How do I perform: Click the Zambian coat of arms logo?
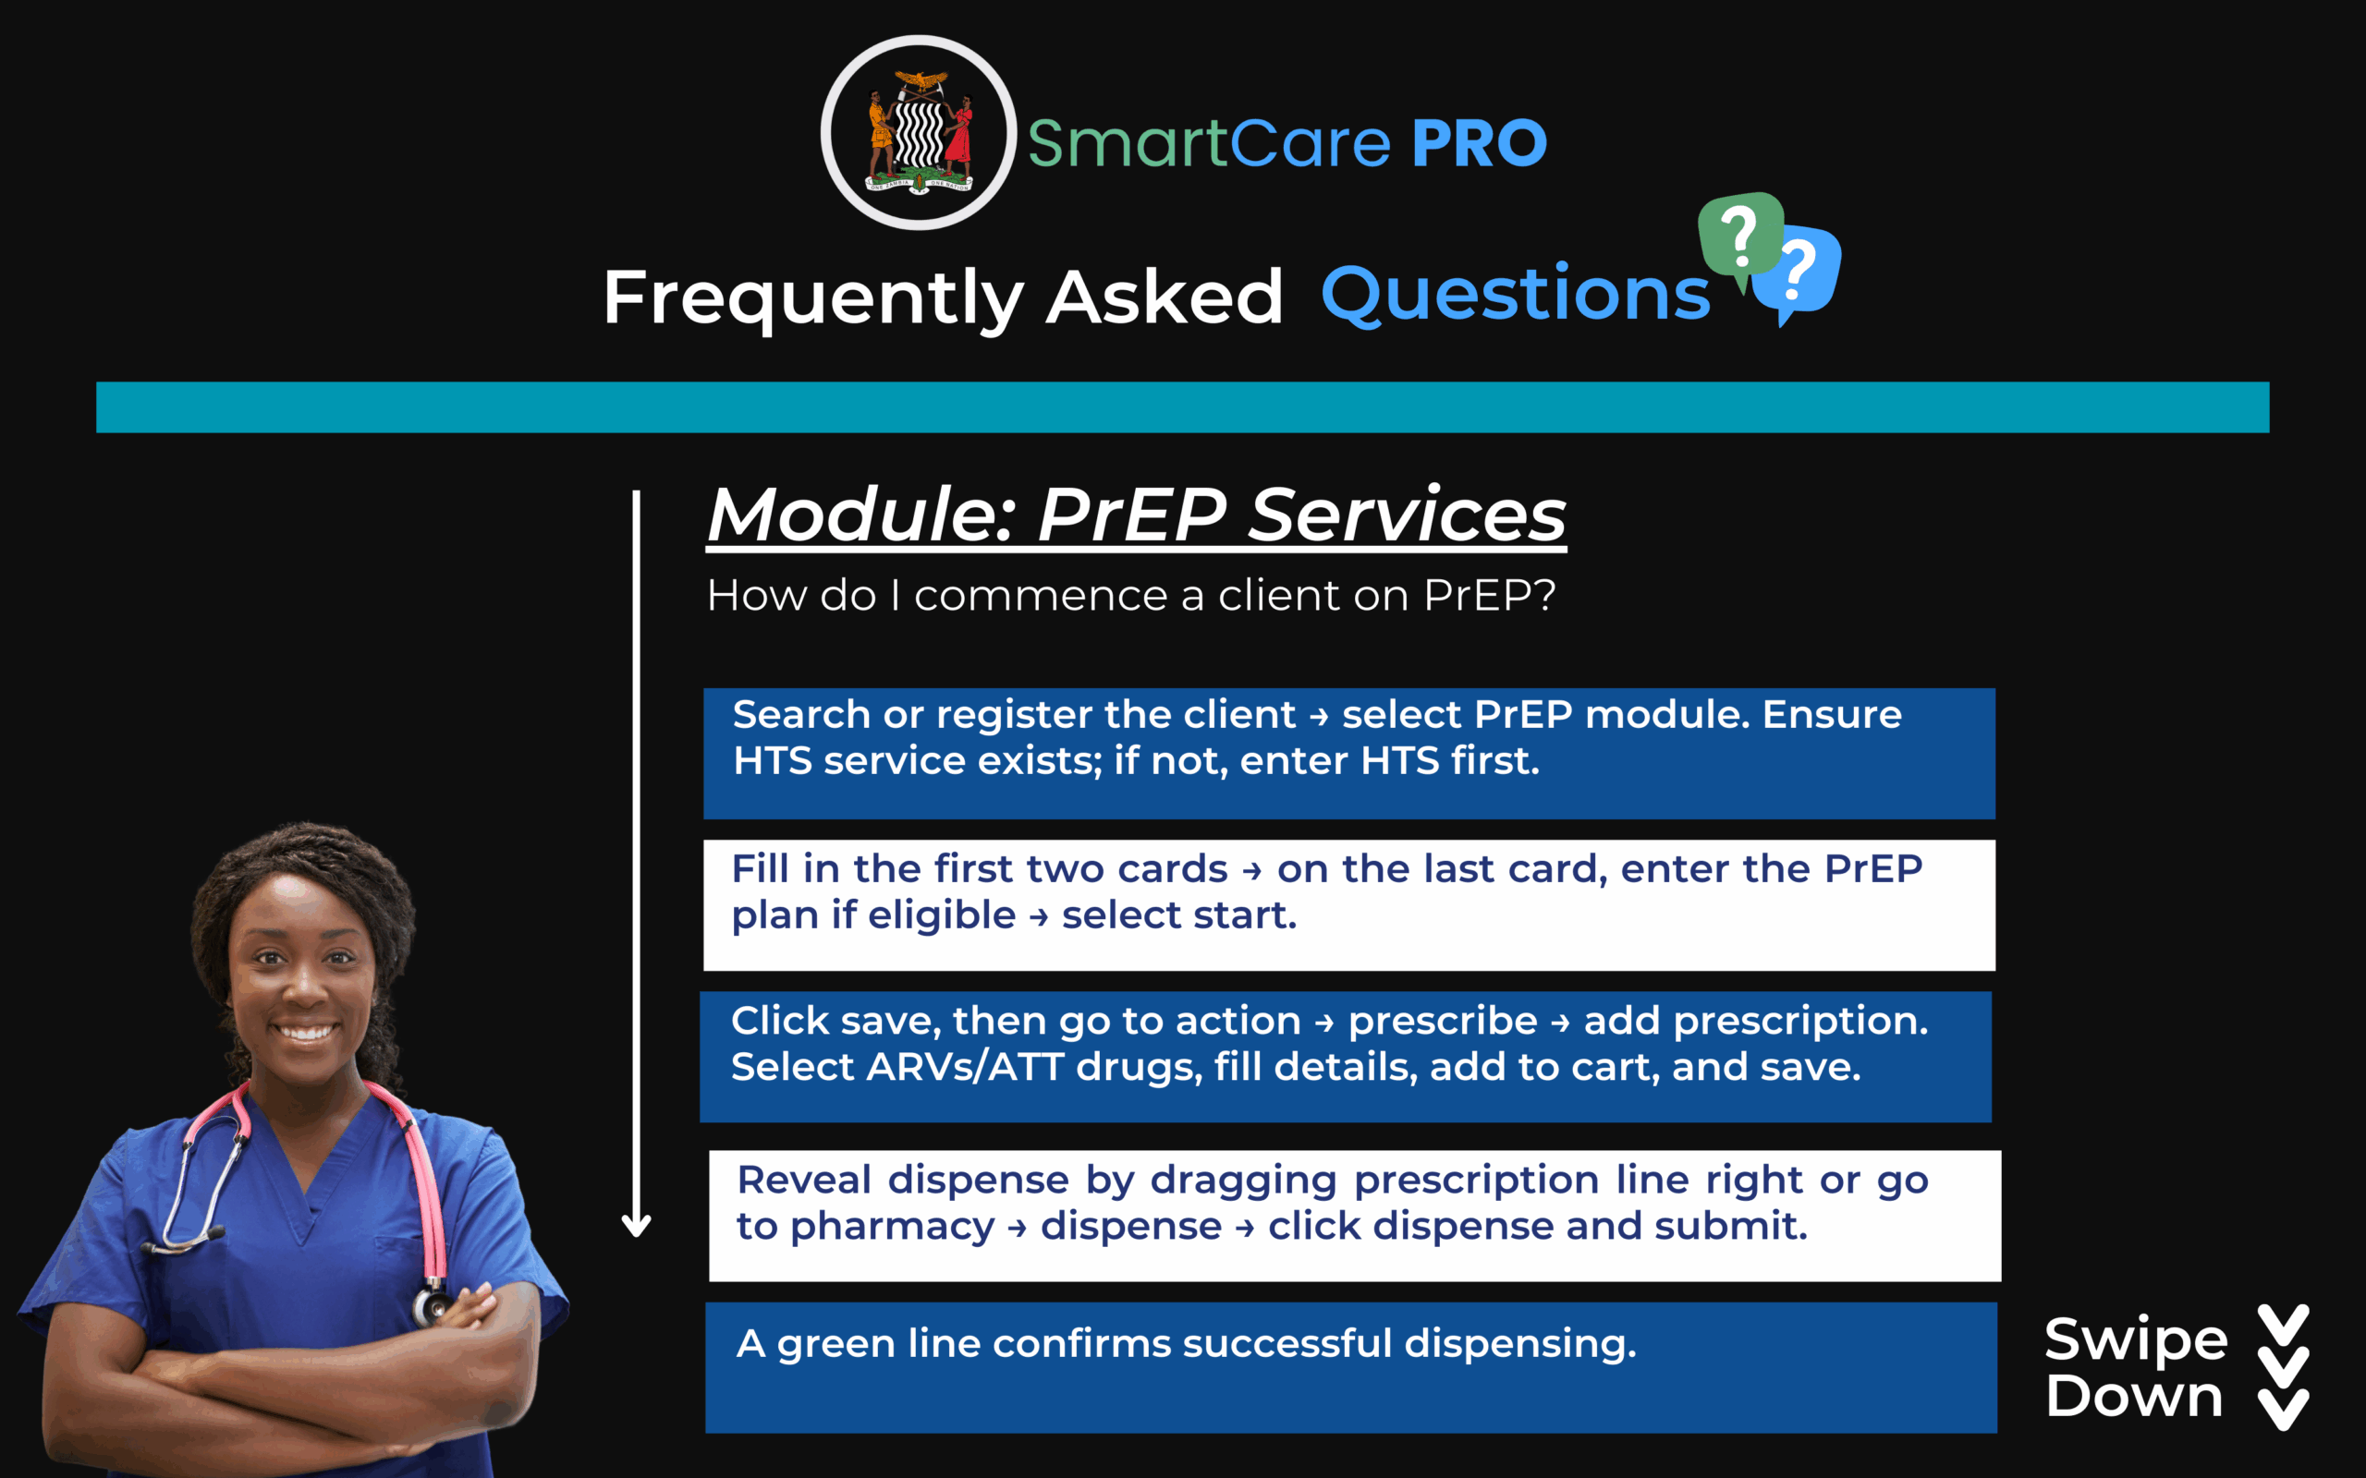point(918,133)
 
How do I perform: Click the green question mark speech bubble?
point(1740,236)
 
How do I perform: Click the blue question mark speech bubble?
point(1799,273)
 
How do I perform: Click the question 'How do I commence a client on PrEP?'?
point(1131,595)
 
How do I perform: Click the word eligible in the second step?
point(942,916)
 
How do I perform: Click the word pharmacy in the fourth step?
point(892,1227)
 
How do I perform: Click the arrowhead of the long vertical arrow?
point(637,1226)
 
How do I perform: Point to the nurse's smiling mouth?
point(305,1030)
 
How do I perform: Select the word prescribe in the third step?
point(1443,1022)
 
